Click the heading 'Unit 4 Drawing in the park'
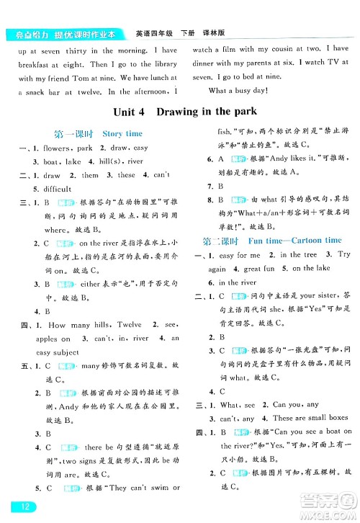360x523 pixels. [x=185, y=112]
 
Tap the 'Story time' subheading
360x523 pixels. [x=122, y=133]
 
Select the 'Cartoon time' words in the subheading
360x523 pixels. [x=313, y=240]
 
